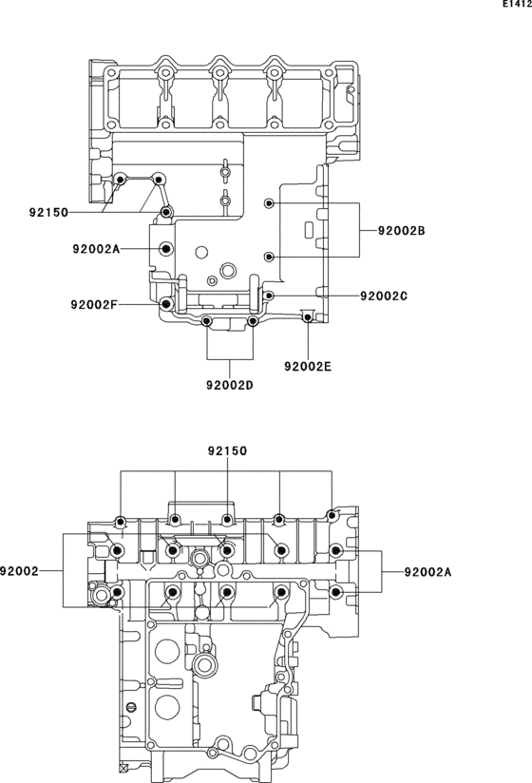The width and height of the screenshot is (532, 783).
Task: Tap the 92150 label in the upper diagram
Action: [47, 213]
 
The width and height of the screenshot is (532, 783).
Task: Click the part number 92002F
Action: [94, 305]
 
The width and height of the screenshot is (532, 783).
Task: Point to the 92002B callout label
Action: [401, 231]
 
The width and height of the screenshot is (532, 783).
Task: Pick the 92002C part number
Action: [384, 296]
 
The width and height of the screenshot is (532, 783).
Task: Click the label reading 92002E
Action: [308, 365]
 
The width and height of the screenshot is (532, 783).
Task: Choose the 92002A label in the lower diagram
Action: [427, 571]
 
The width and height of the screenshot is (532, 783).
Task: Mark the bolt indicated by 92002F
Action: [167, 304]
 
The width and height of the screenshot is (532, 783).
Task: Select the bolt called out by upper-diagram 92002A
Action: [167, 249]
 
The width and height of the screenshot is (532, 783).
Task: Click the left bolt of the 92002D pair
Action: [208, 322]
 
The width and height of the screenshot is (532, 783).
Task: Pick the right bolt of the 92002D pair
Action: [252, 322]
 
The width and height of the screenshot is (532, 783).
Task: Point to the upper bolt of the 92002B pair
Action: [270, 203]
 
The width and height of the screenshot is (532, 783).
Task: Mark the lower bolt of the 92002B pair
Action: [270, 257]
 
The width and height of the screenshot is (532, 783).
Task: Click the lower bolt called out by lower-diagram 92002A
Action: [335, 593]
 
